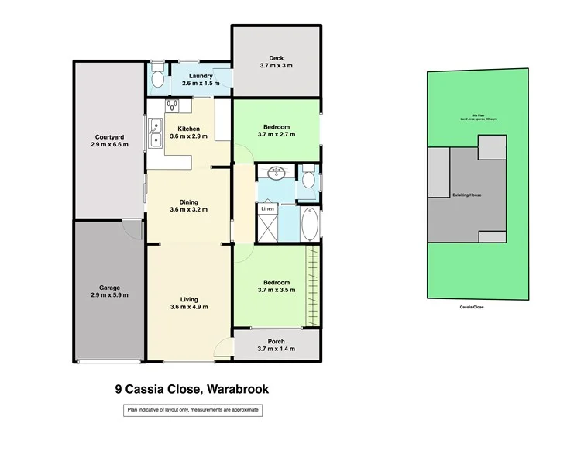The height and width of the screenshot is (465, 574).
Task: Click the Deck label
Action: (277, 58)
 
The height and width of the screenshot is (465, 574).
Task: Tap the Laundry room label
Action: (190, 75)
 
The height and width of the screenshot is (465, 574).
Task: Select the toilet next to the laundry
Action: (156, 77)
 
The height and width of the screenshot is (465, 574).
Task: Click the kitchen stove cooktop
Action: (172, 106)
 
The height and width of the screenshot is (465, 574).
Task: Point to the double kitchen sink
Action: (156, 132)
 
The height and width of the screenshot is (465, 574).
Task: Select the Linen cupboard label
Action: (267, 209)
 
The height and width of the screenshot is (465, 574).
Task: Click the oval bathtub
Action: (308, 225)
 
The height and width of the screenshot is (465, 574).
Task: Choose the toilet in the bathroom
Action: (308, 180)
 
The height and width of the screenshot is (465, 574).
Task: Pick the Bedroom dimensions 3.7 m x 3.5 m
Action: (277, 290)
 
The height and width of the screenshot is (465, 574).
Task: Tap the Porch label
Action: (277, 341)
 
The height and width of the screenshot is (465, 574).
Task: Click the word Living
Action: (189, 299)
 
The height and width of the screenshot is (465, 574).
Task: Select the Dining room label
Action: (189, 202)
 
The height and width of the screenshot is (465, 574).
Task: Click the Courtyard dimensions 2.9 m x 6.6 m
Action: (108, 144)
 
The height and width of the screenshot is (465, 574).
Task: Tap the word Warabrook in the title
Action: (235, 390)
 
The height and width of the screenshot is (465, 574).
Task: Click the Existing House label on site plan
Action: (466, 195)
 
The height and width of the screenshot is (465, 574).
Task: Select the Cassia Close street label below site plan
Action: (472, 307)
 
